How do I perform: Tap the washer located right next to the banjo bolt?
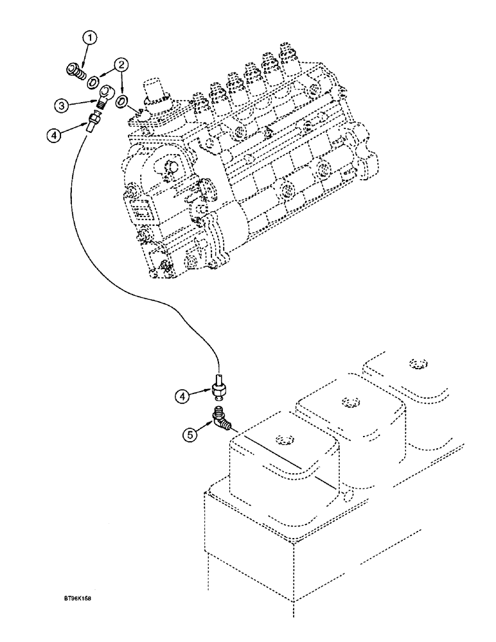94,82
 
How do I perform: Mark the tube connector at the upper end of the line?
93,120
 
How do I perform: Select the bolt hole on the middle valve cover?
350,403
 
